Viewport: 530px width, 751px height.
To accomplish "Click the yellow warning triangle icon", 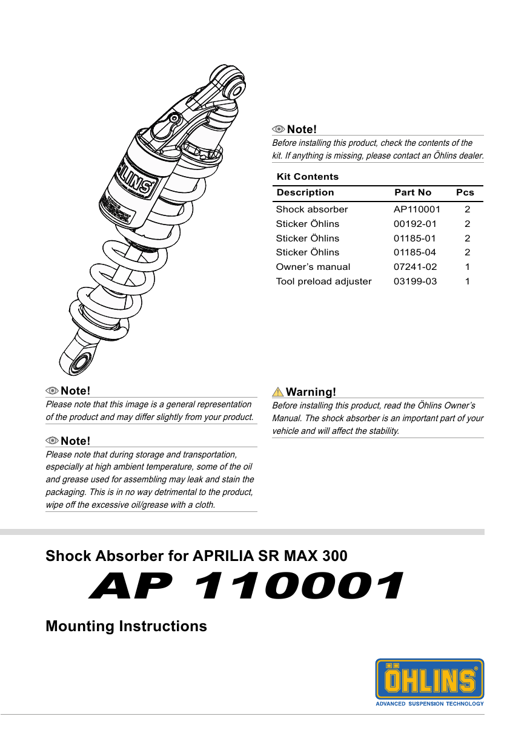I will coord(278,392).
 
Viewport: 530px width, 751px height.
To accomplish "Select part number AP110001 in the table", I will coord(417,209).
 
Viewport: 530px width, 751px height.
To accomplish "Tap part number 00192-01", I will coord(415,224).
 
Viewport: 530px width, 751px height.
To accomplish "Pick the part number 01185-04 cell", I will coord(415,252).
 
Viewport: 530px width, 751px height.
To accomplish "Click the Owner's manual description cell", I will coord(313,267).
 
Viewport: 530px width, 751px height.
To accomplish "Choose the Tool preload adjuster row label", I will coord(323,281).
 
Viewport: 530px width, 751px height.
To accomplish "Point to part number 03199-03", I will coord(415,281).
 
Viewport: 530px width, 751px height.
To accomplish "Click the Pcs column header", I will coord(465,192).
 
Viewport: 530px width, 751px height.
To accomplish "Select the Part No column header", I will coord(412,192).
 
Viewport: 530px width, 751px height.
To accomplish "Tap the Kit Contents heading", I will coord(307,177).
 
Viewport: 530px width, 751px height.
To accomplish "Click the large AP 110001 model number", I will coord(246,586).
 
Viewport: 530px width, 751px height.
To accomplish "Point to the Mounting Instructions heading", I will coord(126,626).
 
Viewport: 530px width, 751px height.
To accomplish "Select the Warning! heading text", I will coord(311,392).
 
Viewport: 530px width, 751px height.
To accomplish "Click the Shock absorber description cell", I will coord(312,209).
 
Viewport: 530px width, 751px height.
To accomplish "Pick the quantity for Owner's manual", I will coord(467,267).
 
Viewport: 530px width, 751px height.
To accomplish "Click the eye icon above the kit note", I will coord(279,129).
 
